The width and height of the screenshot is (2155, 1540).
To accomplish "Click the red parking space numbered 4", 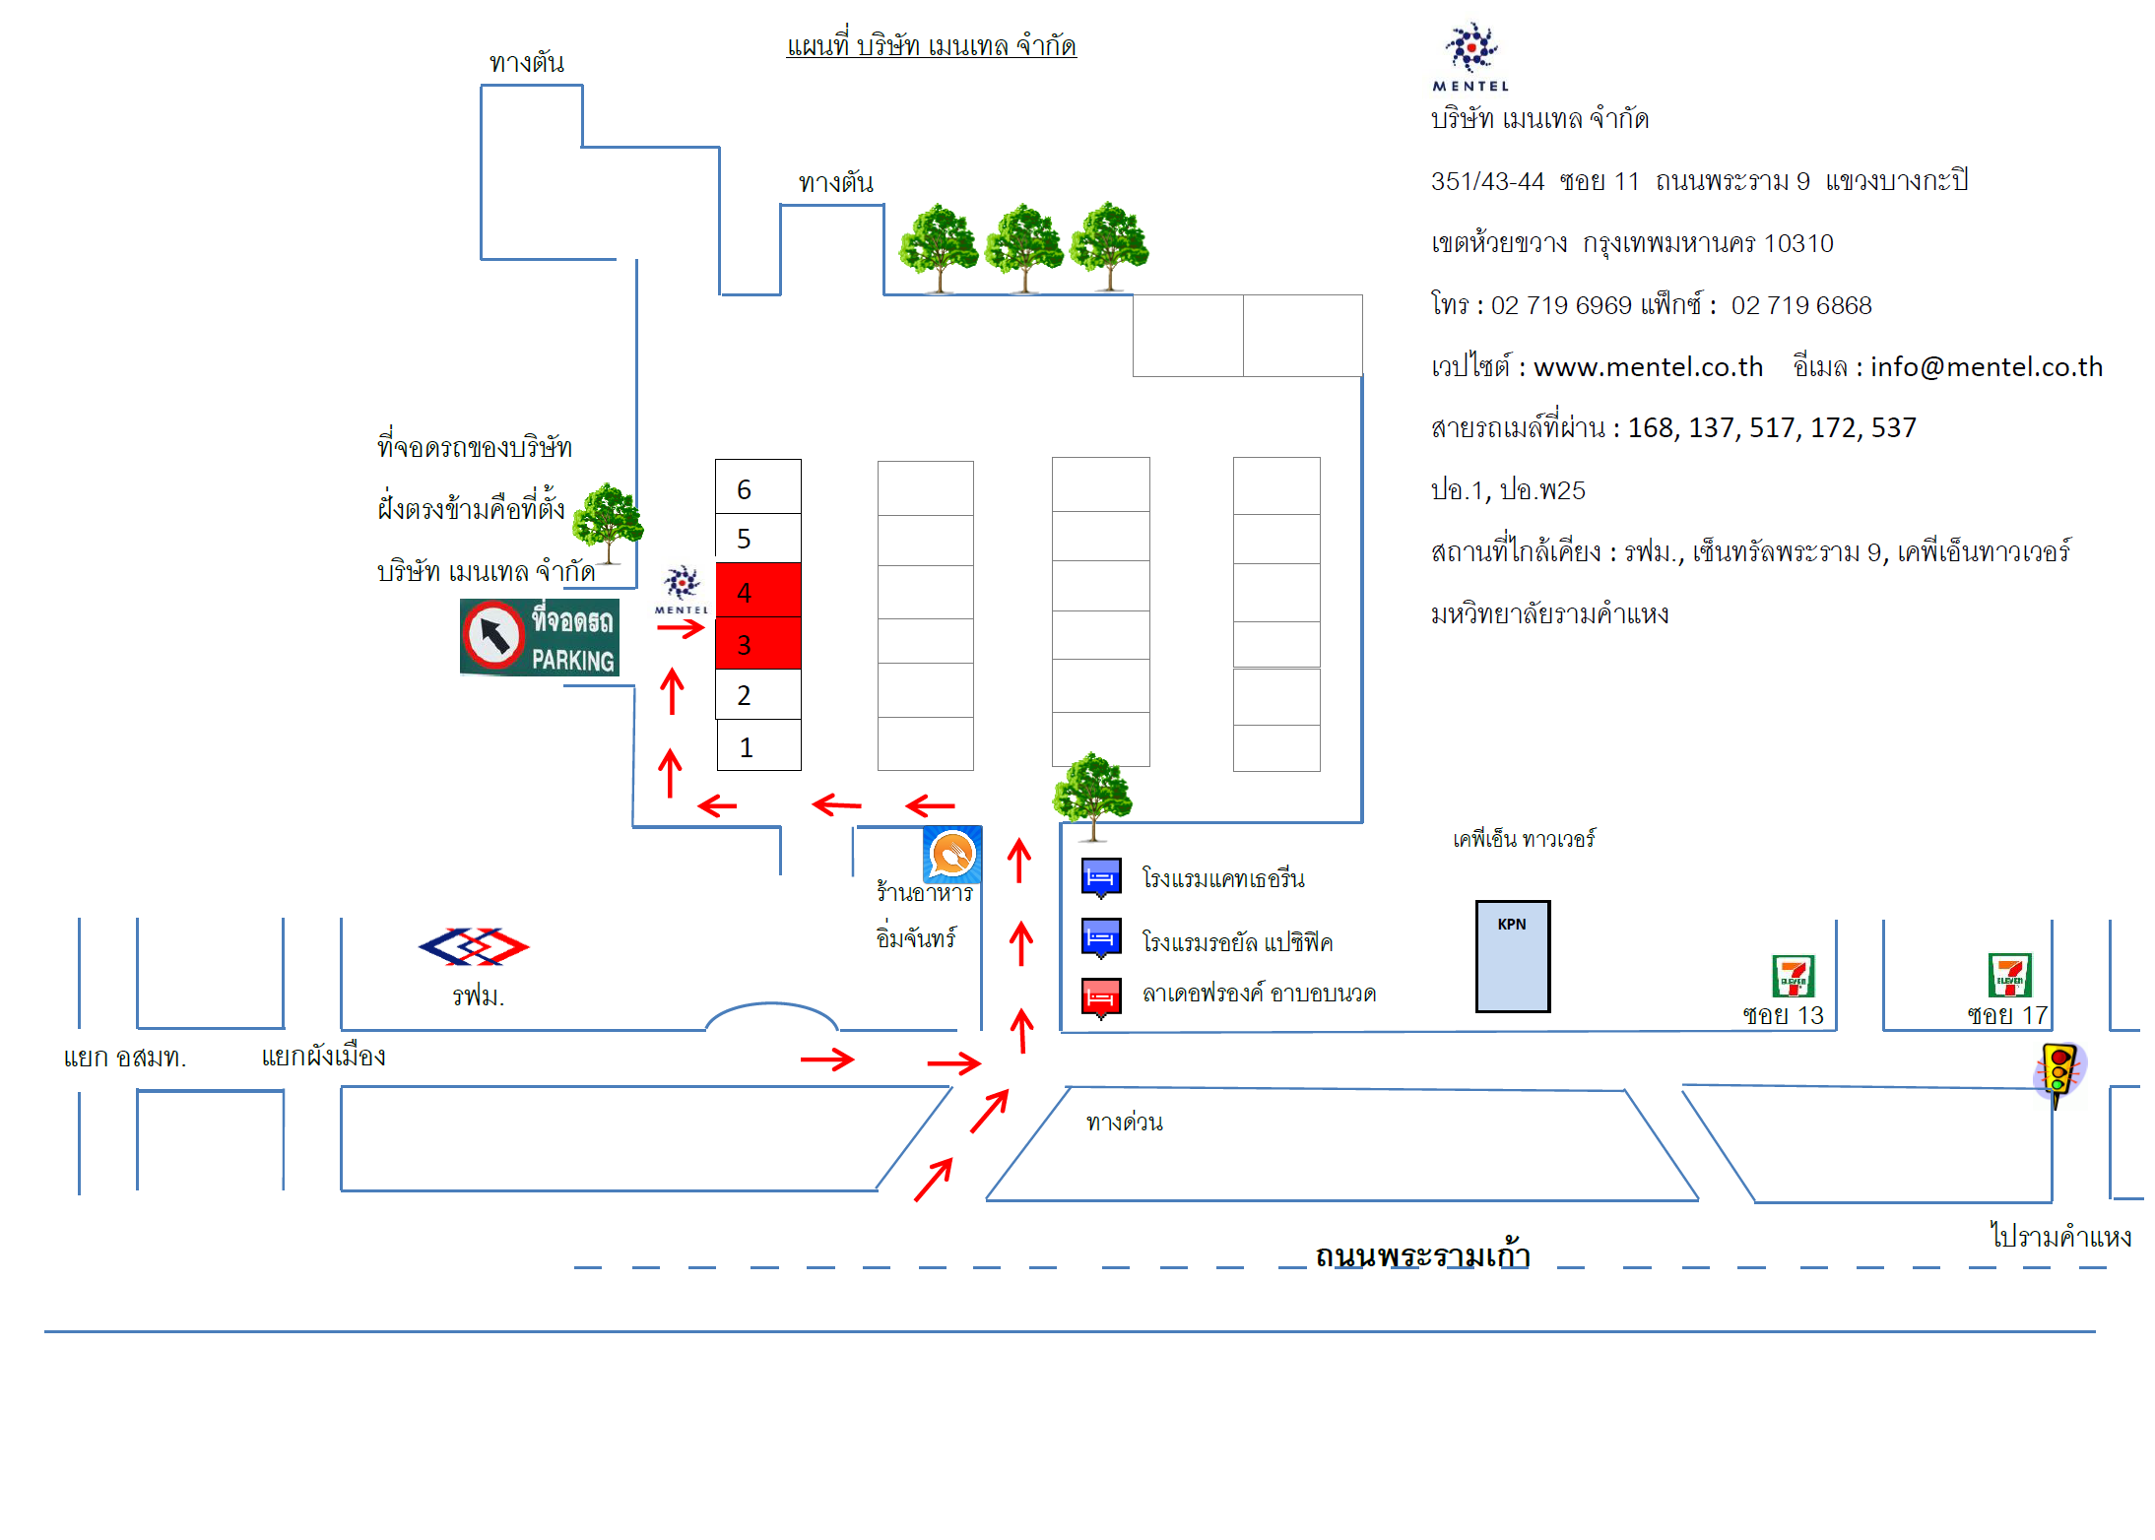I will (757, 591).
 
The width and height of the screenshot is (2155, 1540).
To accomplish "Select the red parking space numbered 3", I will (757, 644).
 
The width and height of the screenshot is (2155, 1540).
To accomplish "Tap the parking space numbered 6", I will (757, 487).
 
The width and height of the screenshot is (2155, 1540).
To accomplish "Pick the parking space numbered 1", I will (758, 746).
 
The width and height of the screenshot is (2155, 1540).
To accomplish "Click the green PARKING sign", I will (539, 637).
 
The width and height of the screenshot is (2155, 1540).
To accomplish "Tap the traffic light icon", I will (2058, 1071).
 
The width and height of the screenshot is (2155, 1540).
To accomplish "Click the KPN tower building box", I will (1512, 956).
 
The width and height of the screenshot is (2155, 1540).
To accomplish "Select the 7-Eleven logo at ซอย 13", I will (1793, 976).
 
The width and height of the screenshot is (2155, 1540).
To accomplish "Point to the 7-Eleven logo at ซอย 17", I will (2009, 975).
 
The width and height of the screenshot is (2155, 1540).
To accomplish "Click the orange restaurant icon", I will (952, 854).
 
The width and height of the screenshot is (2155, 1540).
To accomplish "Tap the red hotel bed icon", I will (1101, 997).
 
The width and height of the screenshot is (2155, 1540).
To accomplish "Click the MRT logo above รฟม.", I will (474, 946).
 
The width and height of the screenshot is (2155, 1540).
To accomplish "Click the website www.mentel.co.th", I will (1648, 367).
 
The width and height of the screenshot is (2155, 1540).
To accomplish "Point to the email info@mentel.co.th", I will (1986, 367).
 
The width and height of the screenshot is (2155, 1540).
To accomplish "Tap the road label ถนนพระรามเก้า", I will (1421, 1256).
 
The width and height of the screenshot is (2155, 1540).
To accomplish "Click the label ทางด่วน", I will (1124, 1123).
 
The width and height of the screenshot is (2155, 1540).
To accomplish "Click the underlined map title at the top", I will (931, 46).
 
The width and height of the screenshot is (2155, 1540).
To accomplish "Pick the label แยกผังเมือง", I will (323, 1057).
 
